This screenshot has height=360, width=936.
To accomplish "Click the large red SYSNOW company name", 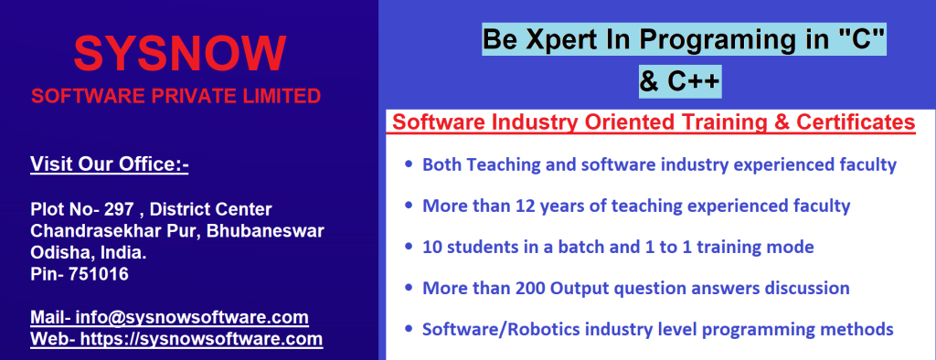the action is coord(180,54).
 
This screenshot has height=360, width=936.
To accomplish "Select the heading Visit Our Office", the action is coord(110,164).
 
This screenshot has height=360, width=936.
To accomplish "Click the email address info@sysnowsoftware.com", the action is coord(192,317).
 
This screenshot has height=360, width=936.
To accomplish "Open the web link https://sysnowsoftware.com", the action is coord(201,339).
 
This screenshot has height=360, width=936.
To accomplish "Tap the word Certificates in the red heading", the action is coord(856,122).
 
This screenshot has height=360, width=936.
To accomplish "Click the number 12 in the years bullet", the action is coord(515,206).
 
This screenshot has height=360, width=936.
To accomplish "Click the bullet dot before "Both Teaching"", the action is coord(409,164).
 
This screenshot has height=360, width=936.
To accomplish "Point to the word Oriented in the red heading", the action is coord(619,122).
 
